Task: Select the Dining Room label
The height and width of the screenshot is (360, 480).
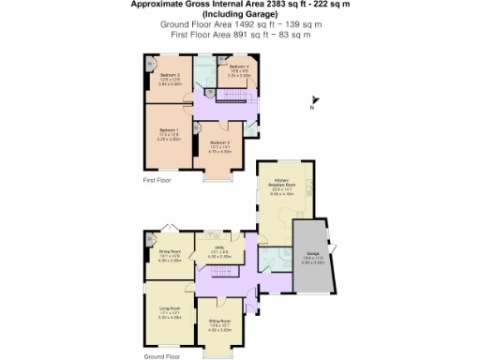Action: [x=169, y=252]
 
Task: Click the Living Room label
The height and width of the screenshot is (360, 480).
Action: [x=169, y=307]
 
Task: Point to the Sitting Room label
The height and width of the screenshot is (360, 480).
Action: [x=220, y=321]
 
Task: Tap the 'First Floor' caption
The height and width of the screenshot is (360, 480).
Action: [x=157, y=179]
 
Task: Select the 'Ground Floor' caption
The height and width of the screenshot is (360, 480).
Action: [x=161, y=356]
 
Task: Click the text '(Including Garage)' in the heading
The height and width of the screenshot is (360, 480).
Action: [x=239, y=14]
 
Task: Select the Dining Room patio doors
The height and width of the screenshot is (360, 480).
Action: [x=170, y=228]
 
